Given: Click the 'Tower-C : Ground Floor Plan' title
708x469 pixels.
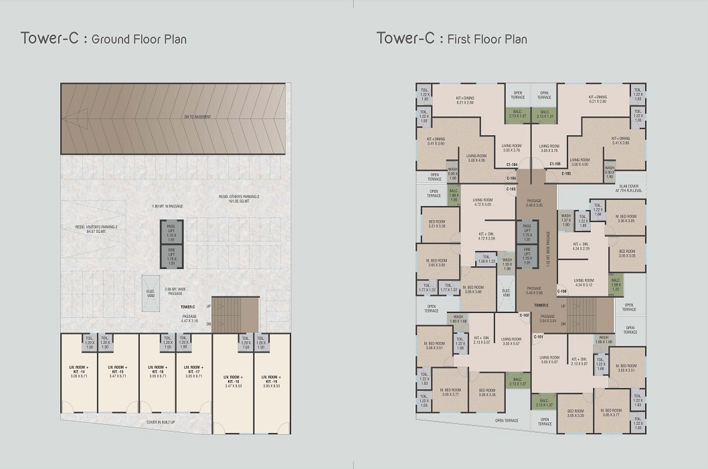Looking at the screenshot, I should [104, 38].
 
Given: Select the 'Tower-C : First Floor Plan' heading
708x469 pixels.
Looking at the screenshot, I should [452, 38].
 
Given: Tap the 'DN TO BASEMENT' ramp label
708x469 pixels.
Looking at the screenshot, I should [197, 117].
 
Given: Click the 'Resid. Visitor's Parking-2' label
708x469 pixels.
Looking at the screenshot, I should [97, 228].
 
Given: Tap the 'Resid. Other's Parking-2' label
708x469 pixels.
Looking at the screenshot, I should [239, 198].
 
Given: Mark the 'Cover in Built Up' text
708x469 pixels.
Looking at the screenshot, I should [161, 422].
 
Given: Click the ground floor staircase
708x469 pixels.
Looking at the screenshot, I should [235, 314].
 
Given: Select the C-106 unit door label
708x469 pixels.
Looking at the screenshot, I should [561, 291].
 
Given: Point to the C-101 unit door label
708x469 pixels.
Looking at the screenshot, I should [539, 337].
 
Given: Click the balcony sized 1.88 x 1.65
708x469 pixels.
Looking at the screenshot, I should [454, 195].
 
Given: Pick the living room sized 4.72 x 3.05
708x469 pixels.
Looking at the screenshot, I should [482, 203].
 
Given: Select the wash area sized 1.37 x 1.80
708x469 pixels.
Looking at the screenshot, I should [565, 221].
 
